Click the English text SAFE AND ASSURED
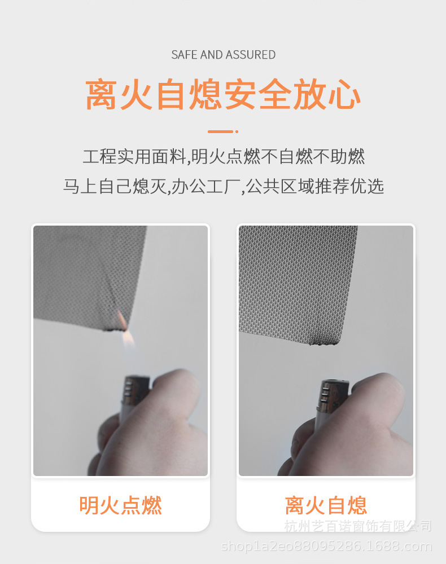[x=223, y=55]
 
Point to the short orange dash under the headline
[x=221, y=131]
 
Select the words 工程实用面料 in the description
[x=134, y=156]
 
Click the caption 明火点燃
[x=120, y=505]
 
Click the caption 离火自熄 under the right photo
[x=326, y=505]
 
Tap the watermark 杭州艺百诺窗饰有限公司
[x=357, y=526]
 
